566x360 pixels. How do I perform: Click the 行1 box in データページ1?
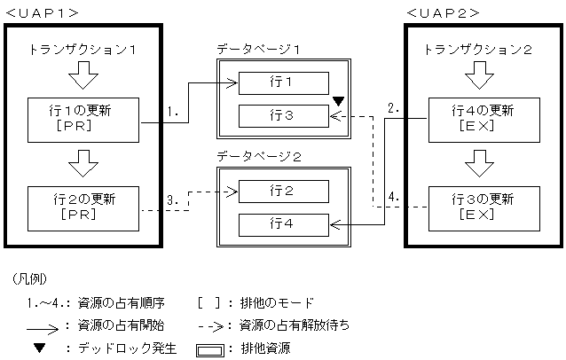coord(283,83)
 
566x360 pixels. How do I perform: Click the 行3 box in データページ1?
coord(283,116)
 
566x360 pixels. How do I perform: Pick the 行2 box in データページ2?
coord(283,191)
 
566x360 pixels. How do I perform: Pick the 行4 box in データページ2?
coord(283,224)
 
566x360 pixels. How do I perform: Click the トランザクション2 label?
coord(480,49)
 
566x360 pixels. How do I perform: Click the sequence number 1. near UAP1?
coord(174,113)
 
